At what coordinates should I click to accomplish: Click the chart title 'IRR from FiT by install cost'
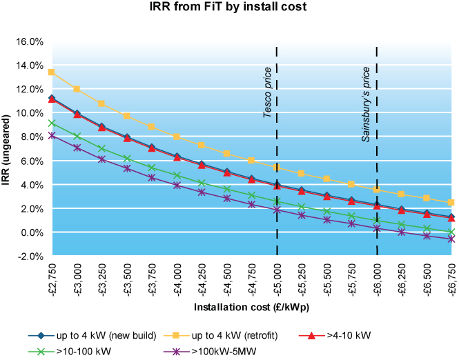pos(229,10)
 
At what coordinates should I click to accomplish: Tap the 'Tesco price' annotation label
pos(268,92)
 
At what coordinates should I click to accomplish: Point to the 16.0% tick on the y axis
pos(30,41)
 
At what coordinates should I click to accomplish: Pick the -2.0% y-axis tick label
pos(31,256)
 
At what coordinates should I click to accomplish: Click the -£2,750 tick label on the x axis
pos(52,279)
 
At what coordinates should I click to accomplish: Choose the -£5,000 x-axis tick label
pos(277,279)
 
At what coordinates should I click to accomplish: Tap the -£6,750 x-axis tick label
pos(451,279)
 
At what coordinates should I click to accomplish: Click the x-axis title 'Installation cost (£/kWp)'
pos(251,308)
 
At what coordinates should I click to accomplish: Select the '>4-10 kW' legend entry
pos(349,335)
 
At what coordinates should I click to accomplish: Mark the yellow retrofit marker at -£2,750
pos(52,72)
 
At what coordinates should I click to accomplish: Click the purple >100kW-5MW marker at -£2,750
pos(52,136)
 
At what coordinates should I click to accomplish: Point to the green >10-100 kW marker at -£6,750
pos(451,232)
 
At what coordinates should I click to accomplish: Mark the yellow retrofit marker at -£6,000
pos(377,190)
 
